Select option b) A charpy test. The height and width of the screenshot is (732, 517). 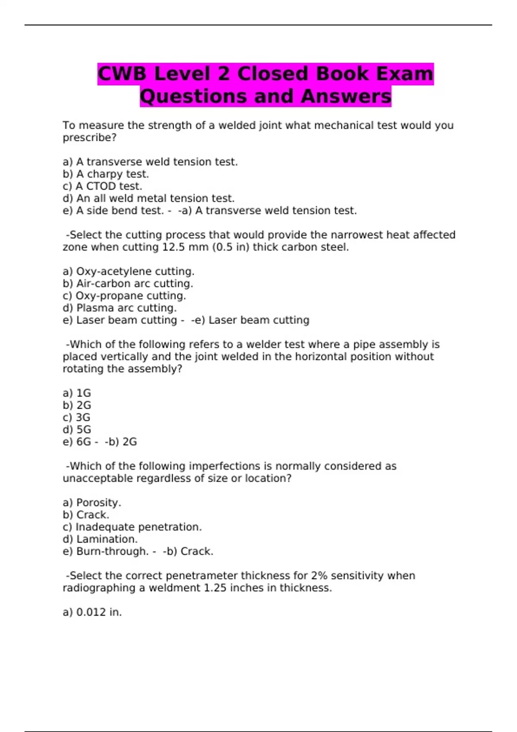click(106, 174)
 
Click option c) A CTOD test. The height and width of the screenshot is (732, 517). click(102, 186)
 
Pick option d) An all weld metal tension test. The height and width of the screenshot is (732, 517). click(149, 199)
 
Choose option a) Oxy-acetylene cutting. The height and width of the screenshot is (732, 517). click(128, 272)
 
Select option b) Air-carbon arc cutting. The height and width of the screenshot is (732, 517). click(128, 284)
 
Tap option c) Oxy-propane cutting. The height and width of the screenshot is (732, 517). click(124, 296)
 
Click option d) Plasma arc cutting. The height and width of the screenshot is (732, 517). click(119, 308)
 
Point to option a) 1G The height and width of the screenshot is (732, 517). click(77, 393)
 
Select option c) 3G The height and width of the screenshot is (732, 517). click(76, 417)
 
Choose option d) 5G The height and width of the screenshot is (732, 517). click(77, 429)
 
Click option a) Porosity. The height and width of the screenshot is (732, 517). click(92, 502)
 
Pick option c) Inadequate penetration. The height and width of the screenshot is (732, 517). click(132, 527)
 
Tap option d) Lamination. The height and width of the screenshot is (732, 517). click(100, 539)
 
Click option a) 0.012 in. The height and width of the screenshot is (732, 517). click(92, 612)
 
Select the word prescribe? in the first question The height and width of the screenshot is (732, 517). click(90, 138)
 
